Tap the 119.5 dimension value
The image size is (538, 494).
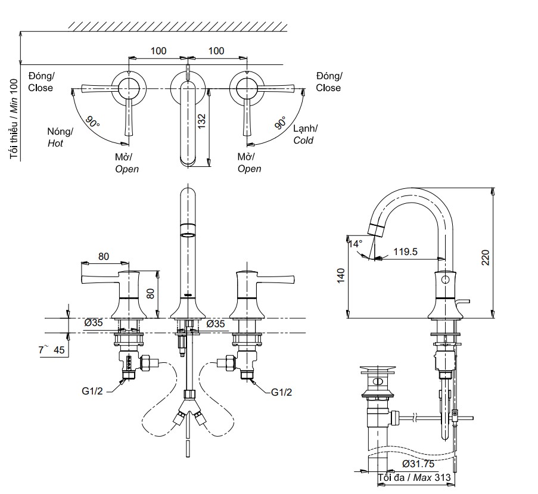point(406,251)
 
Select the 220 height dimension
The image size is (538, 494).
point(486,257)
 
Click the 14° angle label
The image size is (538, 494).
point(355,244)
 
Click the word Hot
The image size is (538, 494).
point(55,144)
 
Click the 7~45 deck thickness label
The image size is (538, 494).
point(52,350)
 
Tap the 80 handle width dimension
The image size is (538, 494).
point(104,257)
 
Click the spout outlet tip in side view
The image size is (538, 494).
point(375,229)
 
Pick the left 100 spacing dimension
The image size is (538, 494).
point(158,51)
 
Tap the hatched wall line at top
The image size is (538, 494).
point(179,26)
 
